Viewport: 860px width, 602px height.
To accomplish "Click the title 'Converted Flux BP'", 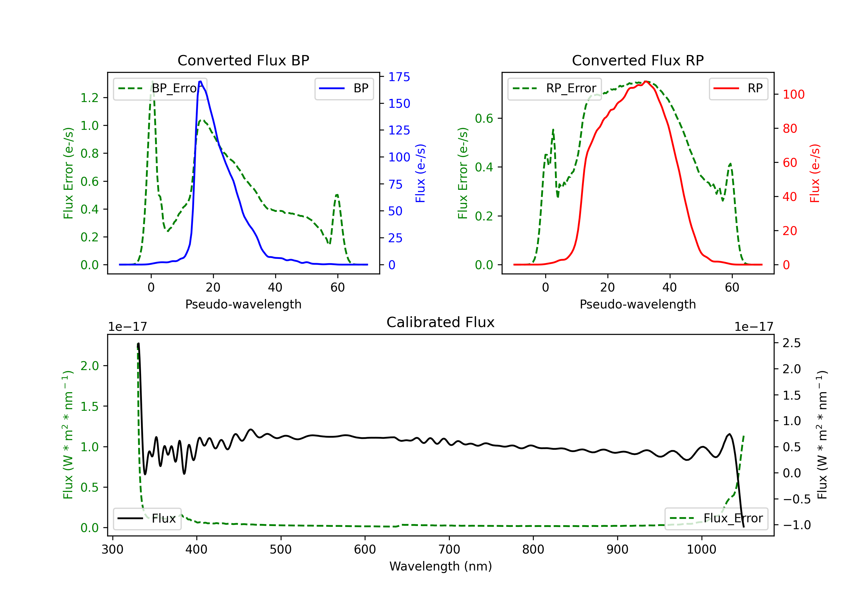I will (x=243, y=60).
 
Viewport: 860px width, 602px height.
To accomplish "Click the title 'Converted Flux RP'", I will (x=638, y=60).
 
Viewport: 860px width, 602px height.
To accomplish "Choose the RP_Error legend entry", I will (x=554, y=88).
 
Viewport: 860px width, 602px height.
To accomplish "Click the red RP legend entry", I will (x=738, y=88).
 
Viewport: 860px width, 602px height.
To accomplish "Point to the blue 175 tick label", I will (x=399, y=77).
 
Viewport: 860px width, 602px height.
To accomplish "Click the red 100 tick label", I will (x=793, y=94).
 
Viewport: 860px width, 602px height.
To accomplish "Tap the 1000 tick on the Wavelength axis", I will (x=701, y=550).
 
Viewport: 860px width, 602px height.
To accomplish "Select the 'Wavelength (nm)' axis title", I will (x=441, y=566).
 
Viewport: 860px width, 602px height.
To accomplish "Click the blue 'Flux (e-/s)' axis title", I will (x=420, y=173).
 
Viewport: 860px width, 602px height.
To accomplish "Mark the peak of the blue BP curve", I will (x=200, y=81).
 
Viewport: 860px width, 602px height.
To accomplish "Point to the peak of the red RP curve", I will (x=646, y=82).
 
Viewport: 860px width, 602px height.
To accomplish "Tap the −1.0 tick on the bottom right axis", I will (x=796, y=525).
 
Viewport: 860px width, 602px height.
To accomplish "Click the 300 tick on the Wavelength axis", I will (x=112, y=550).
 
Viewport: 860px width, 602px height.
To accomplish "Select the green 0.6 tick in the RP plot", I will (x=484, y=118).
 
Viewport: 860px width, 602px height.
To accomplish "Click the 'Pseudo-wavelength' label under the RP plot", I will (x=638, y=304).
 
